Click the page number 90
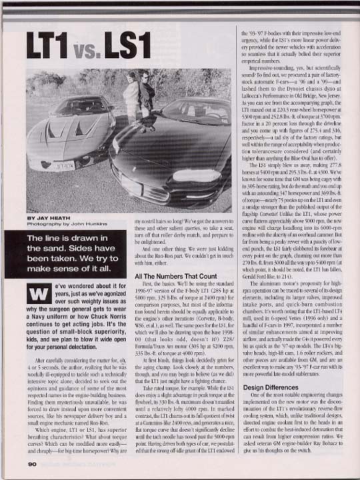[x=32, y=464]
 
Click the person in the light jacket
[x=131, y=93]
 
